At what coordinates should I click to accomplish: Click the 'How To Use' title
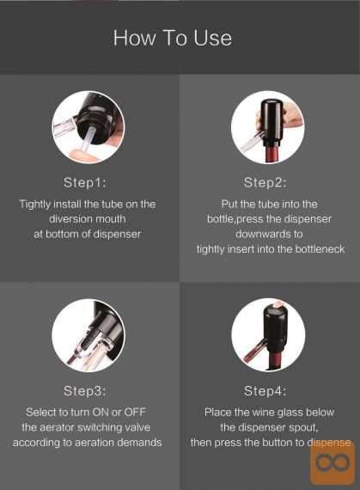click(173, 38)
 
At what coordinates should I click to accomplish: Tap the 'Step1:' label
click(85, 182)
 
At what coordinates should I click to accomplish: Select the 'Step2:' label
click(265, 182)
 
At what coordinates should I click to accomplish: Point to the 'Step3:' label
click(85, 391)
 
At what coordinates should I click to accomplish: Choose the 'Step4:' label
click(265, 391)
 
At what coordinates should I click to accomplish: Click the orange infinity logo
click(333, 462)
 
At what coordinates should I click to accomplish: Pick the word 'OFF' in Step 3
click(135, 412)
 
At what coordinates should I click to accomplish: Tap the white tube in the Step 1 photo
click(88, 140)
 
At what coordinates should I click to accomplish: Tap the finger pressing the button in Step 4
click(278, 303)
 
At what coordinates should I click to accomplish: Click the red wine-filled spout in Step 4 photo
click(254, 352)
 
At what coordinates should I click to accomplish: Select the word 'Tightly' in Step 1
click(35, 205)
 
